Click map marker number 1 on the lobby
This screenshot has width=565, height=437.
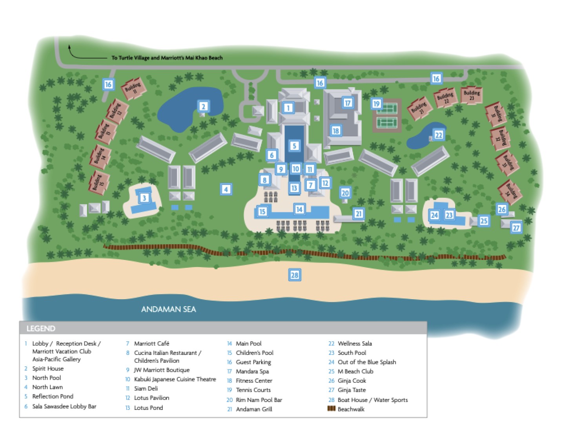tap(288, 108)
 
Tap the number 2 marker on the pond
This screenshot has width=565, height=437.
tap(203, 106)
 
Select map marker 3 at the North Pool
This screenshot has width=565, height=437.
tap(144, 198)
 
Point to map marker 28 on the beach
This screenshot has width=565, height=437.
tap(294, 275)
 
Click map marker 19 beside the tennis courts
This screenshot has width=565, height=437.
tap(376, 104)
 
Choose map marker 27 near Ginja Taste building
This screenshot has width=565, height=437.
tap(516, 228)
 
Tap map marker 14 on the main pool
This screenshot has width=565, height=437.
tap(299, 209)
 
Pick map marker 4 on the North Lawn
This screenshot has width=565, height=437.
tap(226, 189)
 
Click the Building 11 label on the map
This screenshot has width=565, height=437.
tap(133, 88)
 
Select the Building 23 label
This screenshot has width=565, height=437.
tap(471, 95)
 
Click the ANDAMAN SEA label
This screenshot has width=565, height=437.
tap(168, 309)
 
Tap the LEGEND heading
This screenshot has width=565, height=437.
tap(41, 329)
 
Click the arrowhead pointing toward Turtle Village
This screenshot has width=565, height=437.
tap(70, 47)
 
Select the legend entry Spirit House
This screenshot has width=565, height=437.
tap(47, 369)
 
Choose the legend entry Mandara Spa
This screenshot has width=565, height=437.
tap(252, 371)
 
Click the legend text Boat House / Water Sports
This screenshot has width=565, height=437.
tap(372, 400)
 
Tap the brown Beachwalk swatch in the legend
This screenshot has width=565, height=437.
tap(332, 409)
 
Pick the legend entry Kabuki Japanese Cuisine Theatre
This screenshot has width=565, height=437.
tap(175, 379)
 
